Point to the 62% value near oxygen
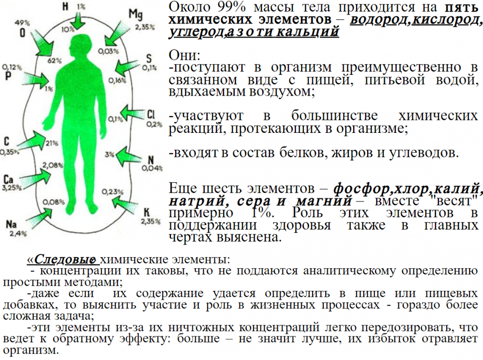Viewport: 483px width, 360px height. tap(54, 60)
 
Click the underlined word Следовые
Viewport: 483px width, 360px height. tap(65, 259)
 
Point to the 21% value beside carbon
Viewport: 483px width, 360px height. tap(52, 143)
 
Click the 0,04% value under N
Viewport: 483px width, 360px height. tap(152, 168)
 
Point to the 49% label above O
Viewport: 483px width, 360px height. tap(22, 23)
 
